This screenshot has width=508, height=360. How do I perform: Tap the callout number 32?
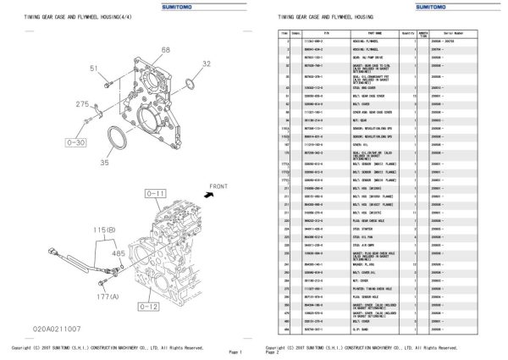(207, 64)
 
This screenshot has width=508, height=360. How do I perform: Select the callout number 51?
(94, 69)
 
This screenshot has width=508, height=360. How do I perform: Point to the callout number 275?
(82, 104)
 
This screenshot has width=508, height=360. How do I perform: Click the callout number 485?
(119, 254)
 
